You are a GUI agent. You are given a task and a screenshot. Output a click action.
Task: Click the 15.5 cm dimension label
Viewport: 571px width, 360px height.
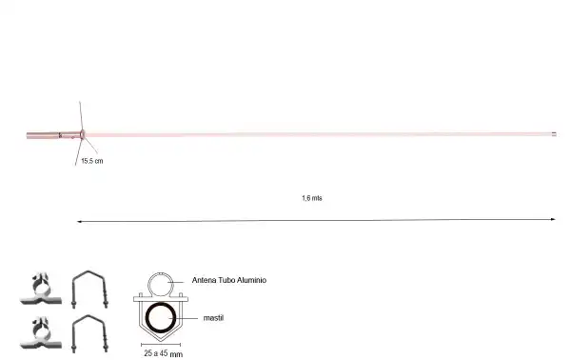(90, 162)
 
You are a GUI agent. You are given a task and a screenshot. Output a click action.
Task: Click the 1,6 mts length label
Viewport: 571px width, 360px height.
(311, 198)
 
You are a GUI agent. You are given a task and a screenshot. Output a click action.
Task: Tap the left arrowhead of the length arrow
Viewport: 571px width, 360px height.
(79, 221)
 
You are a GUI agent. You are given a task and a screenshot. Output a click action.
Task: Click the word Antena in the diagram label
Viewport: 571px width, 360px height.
(207, 281)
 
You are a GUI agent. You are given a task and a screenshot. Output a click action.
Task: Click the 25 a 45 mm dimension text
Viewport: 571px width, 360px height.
(163, 352)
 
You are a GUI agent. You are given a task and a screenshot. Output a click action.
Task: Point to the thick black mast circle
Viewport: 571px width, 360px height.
(160, 317)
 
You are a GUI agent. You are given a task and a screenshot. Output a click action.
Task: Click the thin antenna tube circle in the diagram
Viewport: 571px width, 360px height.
(160, 283)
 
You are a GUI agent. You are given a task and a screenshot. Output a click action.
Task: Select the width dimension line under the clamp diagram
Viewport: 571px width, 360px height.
(160, 342)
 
